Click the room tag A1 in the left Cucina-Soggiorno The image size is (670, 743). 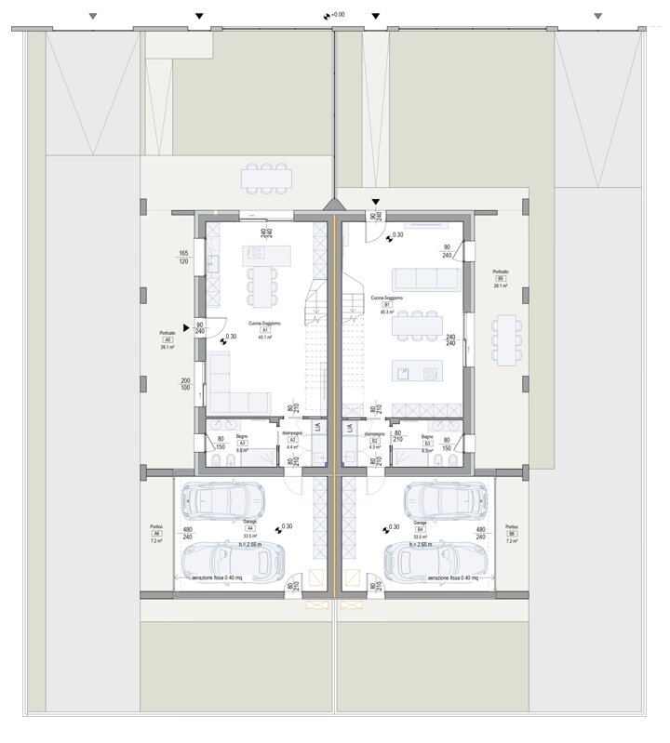[x=265, y=330]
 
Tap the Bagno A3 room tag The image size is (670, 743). [x=242, y=443]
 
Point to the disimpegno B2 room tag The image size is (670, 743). [x=374, y=441]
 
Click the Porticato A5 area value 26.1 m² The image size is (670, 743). [x=167, y=348]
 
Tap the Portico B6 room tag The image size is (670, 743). [x=511, y=533]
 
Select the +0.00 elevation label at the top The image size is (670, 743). [x=335, y=15]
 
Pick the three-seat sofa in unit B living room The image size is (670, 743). [x=425, y=279]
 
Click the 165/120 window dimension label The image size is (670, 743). [x=183, y=258]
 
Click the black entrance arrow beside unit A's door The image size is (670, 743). [x=188, y=327]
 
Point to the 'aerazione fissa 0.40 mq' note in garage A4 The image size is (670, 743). [x=216, y=577]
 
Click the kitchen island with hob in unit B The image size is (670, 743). [x=417, y=372]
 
